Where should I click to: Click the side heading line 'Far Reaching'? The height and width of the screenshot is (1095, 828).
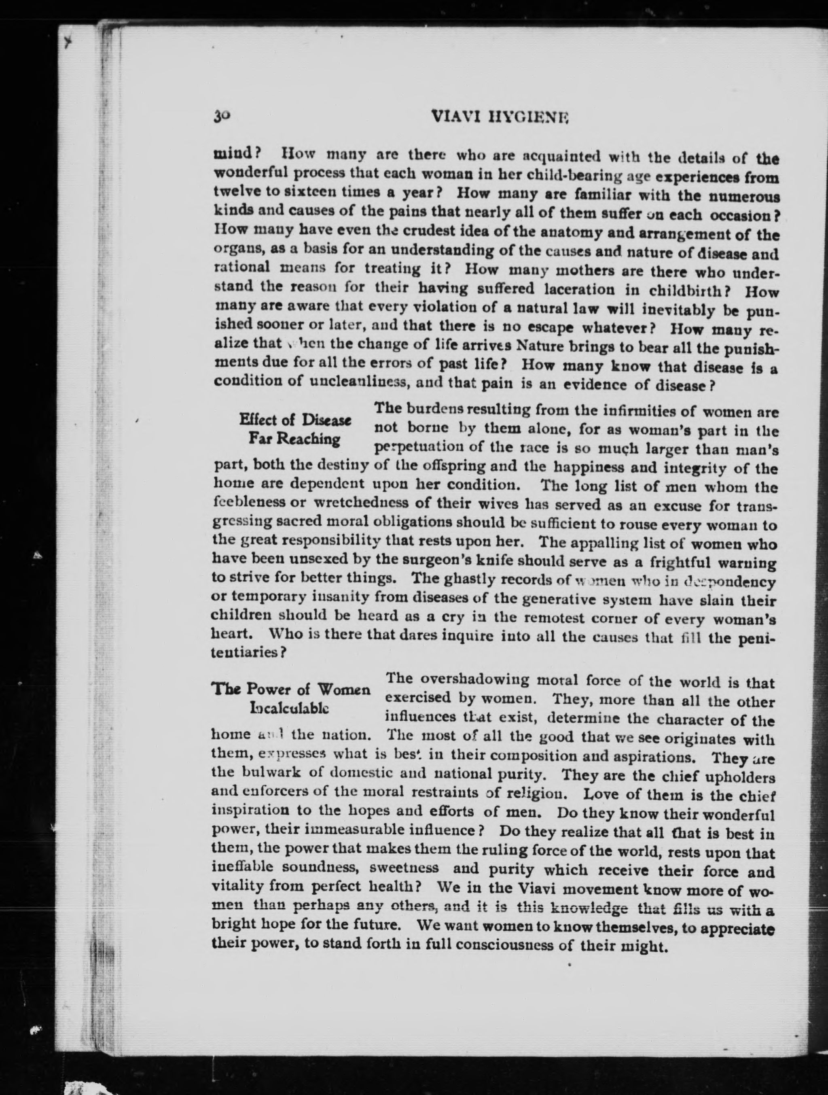294,438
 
